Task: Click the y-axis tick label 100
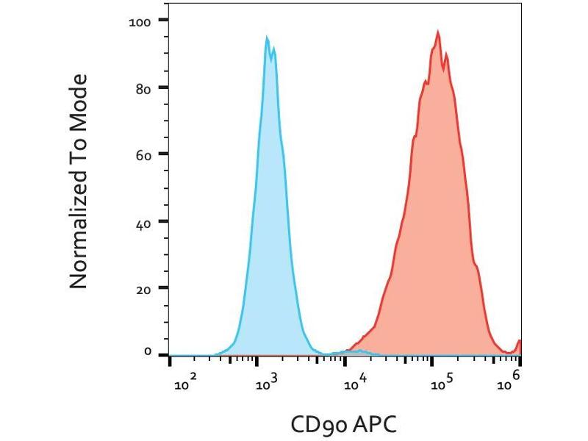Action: click(x=139, y=21)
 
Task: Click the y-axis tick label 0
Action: click(x=146, y=353)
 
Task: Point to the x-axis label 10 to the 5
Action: click(x=440, y=380)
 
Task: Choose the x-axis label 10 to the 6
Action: click(x=512, y=379)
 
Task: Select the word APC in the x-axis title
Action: click(x=376, y=424)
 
